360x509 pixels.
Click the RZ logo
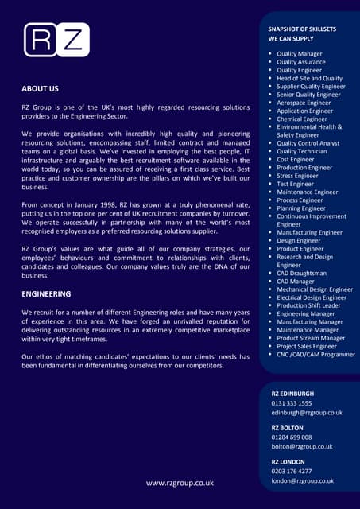click(x=56, y=40)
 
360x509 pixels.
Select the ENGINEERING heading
click(x=47, y=293)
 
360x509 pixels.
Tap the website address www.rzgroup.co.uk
click(x=180, y=483)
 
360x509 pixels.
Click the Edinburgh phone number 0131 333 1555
click(x=292, y=403)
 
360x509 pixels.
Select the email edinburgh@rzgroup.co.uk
click(x=307, y=413)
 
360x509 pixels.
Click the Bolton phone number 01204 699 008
click(x=292, y=437)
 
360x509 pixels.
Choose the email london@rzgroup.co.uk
click(x=303, y=480)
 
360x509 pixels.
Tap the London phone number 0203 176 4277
click(x=292, y=471)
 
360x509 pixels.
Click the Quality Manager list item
click(x=300, y=53)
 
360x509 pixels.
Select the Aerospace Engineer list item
click(x=304, y=103)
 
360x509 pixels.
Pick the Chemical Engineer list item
click(x=303, y=119)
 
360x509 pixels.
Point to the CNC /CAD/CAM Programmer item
click(x=316, y=354)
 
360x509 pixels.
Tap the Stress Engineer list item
click(x=297, y=176)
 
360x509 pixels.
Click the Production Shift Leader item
click(x=308, y=305)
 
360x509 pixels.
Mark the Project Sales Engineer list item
click(x=308, y=346)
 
